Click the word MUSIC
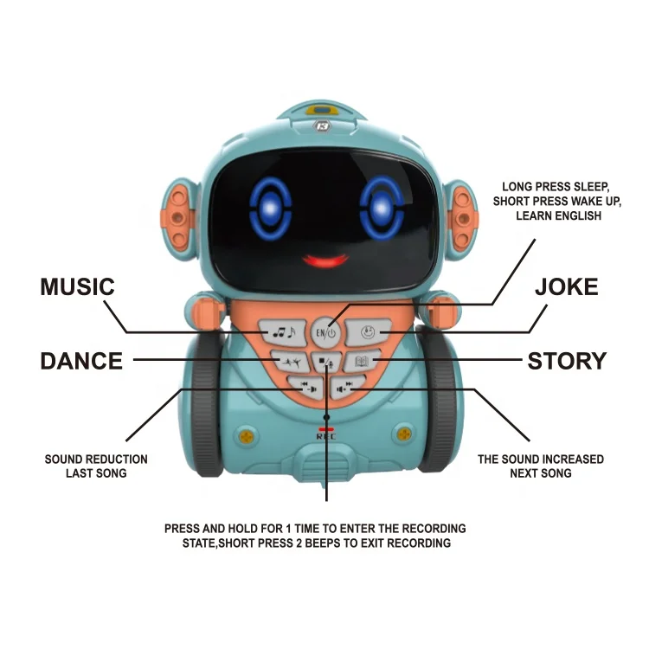[77, 288]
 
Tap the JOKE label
[566, 287]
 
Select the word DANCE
[81, 360]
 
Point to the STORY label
[567, 360]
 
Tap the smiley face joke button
[368, 330]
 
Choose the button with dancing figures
[287, 362]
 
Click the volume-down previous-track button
[306, 388]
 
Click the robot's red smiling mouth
[324, 259]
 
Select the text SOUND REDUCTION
[96, 459]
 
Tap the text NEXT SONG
[540, 473]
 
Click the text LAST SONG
[96, 473]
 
